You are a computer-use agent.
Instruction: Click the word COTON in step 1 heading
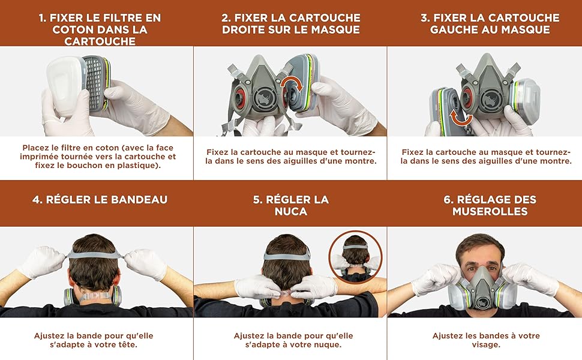tap(69, 29)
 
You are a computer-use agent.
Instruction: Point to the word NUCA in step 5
tap(290, 211)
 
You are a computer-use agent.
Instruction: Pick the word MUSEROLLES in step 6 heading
tap(490, 211)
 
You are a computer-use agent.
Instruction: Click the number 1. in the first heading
tap(44, 18)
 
